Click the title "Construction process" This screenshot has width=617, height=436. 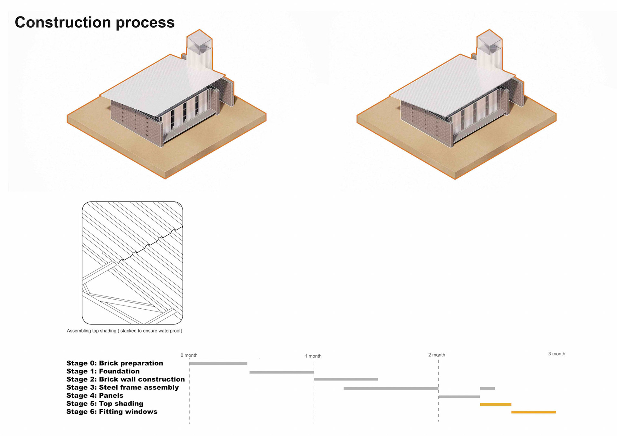tap(94, 23)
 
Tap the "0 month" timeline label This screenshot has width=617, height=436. tap(189, 355)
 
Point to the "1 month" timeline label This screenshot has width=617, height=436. tap(313, 356)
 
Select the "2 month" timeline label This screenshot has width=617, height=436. tap(436, 355)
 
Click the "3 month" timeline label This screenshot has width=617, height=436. tap(557, 354)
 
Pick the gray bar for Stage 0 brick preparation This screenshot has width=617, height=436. tap(218, 364)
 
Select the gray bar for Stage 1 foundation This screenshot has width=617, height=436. tap(282, 372)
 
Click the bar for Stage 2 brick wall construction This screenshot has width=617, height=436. tap(346, 379)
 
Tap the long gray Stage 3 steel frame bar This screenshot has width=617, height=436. tap(391, 388)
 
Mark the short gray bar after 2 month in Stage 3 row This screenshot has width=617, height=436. tap(487, 388)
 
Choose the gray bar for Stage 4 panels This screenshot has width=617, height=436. tap(459, 397)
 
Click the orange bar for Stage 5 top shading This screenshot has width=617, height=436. tap(496, 404)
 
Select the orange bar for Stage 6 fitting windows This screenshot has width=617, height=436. tap(533, 412)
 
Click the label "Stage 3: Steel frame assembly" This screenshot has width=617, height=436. tap(122, 387)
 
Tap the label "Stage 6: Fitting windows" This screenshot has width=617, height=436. tap(112, 412)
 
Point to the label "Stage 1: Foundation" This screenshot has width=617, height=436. tap(103, 371)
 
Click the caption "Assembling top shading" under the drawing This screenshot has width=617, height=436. tap(124, 331)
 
